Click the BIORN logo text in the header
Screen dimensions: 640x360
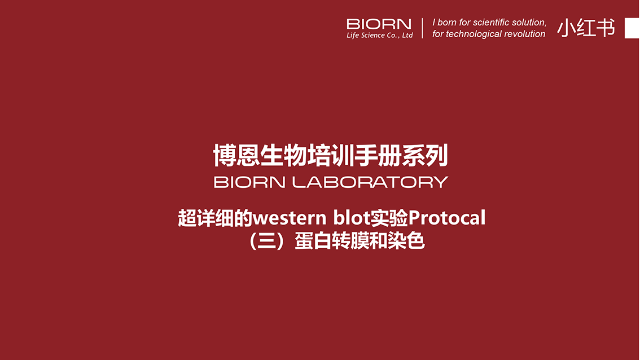(379, 24)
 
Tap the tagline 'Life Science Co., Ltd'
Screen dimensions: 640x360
(380, 35)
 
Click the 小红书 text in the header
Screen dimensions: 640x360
(586, 28)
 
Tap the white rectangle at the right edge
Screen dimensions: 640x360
(632, 28)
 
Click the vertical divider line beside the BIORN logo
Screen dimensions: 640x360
(422, 28)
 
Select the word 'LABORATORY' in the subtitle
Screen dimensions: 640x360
(370, 182)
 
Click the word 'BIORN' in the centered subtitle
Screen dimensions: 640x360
(249, 182)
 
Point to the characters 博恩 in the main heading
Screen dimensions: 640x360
(236, 156)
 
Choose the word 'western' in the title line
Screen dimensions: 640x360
(290, 218)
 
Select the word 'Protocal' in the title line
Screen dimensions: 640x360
(447, 217)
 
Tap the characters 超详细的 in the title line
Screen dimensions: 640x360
(215, 218)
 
